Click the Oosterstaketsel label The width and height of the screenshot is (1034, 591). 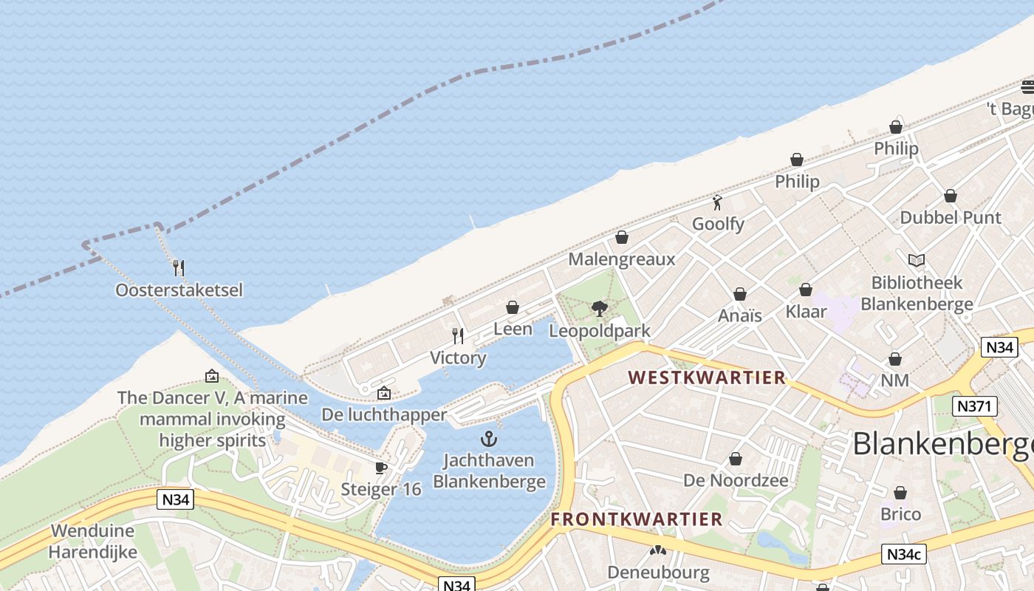[x=179, y=290]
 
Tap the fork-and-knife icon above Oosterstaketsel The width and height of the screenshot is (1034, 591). [x=178, y=267]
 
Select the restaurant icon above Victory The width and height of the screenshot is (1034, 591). [x=458, y=336]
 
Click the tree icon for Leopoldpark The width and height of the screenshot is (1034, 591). [x=600, y=308]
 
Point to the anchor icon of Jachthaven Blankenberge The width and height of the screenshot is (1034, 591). [x=488, y=440]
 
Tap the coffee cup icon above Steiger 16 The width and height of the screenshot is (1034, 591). [x=381, y=468]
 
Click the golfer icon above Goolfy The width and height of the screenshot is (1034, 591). [x=717, y=202]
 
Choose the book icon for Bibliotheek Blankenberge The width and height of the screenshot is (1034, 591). [x=917, y=261]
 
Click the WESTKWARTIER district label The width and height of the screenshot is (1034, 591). [x=707, y=378]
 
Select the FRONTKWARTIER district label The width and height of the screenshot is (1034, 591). [x=637, y=519]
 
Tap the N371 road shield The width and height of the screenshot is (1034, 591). [x=975, y=406]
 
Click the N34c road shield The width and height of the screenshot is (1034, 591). [x=903, y=554]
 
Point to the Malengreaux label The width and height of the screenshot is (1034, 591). [x=622, y=259]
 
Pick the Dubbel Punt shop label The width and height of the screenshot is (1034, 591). [x=951, y=218]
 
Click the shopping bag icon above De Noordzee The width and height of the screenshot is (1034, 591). [x=736, y=459]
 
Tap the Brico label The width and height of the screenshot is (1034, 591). [x=900, y=514]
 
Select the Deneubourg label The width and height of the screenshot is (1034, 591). [x=658, y=573]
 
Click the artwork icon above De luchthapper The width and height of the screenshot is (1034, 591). [x=383, y=394]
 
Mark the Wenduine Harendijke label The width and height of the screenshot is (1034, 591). [x=93, y=542]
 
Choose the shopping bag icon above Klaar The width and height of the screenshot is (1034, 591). [x=806, y=290]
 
